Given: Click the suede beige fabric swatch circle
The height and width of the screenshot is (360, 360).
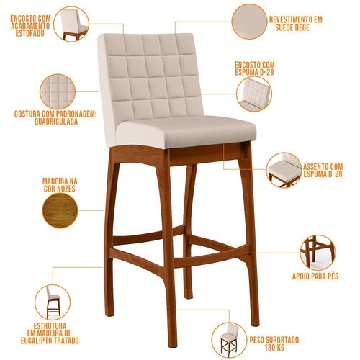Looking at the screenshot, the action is (249, 22).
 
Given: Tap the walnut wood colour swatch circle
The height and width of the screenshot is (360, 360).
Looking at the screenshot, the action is (60, 210).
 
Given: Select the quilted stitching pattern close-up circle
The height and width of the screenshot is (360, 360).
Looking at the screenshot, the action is (58, 91).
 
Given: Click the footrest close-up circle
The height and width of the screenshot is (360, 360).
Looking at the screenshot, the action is (318, 253).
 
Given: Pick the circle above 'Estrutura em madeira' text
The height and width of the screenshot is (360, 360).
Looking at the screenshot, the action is (53, 302).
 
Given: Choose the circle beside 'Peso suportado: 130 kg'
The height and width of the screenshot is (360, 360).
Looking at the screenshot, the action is (229, 340).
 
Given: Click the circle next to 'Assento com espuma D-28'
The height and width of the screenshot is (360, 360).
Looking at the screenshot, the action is (284, 170).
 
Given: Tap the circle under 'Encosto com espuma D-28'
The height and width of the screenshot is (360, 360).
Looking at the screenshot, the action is (254, 94).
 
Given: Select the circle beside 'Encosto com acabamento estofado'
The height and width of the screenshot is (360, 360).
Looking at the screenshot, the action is (71, 24).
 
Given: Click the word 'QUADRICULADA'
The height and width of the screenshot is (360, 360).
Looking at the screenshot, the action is (56, 122).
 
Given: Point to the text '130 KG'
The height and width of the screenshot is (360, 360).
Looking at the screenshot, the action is (274, 347).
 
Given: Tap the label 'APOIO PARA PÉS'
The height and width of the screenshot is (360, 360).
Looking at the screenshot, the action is (315, 276).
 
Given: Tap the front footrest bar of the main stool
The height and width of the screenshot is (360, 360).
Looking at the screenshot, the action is (211, 258).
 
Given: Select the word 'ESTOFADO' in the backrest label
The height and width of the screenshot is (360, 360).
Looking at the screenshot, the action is (30, 33).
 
